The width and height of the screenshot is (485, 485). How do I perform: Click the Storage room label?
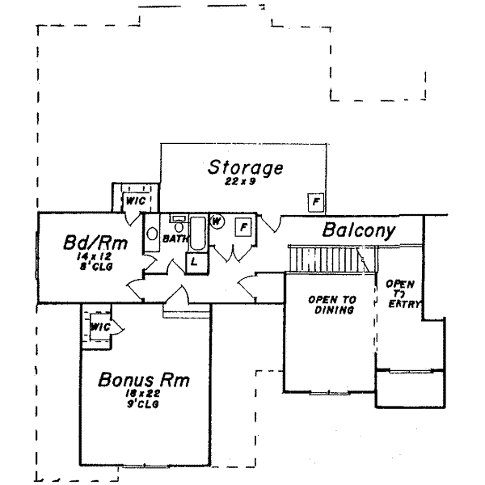245,168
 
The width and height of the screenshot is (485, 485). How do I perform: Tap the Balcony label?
359,230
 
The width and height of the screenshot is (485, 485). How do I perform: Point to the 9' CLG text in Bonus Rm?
142,404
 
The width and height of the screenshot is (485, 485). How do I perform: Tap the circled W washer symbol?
217,221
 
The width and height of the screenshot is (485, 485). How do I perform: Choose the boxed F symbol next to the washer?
242,227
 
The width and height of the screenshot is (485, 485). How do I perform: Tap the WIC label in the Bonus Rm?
99,327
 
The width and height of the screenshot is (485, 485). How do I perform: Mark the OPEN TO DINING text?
331,304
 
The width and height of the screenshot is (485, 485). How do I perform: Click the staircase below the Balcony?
323,259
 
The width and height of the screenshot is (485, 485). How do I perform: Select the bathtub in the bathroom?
198,232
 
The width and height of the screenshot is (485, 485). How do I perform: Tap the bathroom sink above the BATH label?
178,223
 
